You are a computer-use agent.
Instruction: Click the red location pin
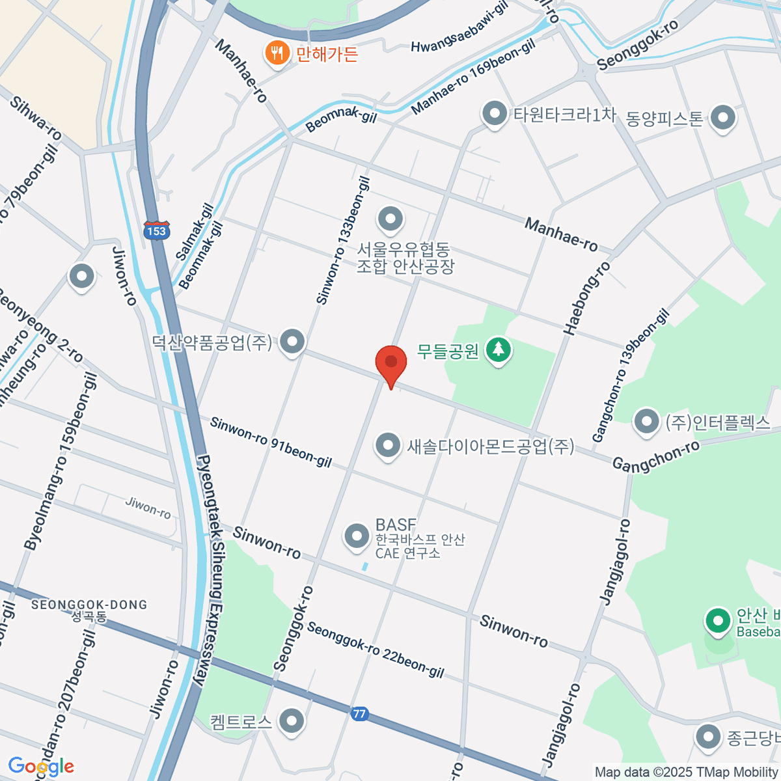click(391, 363)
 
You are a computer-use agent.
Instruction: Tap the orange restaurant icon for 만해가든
click(277, 53)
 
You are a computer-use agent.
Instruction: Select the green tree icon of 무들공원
click(499, 351)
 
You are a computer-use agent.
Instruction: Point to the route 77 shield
click(359, 713)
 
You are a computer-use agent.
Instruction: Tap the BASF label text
click(396, 525)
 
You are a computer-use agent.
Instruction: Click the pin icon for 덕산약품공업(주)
click(292, 341)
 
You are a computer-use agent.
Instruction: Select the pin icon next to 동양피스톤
click(722, 118)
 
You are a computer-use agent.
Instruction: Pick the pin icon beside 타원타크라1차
click(495, 114)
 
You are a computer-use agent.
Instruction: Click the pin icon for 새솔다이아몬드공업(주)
click(388, 446)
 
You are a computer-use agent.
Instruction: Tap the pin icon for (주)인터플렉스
click(646, 421)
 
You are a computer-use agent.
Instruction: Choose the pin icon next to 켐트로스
click(291, 720)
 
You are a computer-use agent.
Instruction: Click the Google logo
click(40, 767)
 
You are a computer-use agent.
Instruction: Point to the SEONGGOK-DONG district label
click(89, 605)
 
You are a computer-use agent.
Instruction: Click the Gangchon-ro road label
click(656, 456)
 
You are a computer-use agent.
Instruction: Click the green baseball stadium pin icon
click(718, 621)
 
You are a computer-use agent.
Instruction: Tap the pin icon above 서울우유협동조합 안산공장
click(390, 219)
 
